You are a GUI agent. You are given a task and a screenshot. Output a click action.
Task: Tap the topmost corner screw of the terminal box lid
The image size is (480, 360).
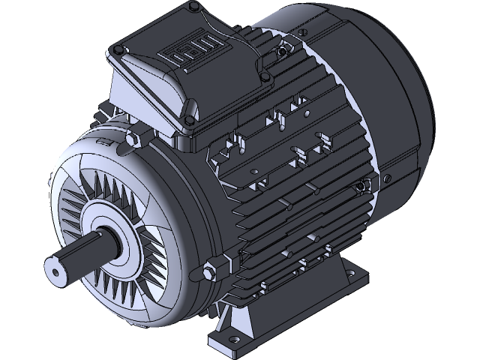point(195,8)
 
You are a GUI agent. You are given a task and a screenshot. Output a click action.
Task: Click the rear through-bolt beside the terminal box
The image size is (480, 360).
point(281,52)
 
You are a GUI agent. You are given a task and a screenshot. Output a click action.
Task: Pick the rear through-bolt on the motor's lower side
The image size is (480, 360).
point(362,186)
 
